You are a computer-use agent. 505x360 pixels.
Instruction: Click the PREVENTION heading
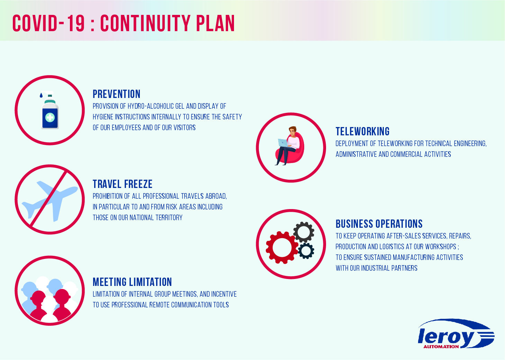116,94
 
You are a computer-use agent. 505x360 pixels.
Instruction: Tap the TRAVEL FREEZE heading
123,184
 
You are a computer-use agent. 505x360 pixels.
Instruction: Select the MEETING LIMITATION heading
132,282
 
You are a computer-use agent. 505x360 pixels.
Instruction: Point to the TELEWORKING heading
362,132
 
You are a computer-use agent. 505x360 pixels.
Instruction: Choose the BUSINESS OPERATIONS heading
379,224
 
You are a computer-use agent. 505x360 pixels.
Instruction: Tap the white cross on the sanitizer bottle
50,117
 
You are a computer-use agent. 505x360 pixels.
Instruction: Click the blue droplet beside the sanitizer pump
41,95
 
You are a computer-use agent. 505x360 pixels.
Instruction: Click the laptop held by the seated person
283,143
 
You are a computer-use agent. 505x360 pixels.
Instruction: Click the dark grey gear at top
304,232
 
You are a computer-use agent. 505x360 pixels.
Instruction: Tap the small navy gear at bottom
306,251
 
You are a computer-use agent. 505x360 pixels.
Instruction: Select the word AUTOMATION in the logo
441,347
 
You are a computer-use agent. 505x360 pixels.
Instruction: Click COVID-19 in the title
48,23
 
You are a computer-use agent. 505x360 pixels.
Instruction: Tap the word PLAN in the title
215,23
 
